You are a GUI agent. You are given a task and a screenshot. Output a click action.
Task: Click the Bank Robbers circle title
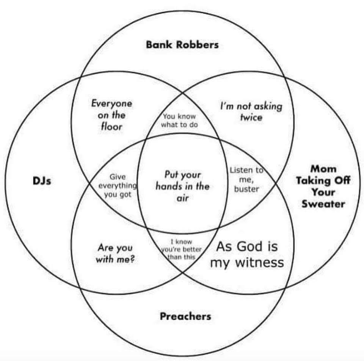[182, 45]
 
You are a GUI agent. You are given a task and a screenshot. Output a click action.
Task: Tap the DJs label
[41, 181]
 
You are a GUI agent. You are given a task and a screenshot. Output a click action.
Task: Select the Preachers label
[185, 316]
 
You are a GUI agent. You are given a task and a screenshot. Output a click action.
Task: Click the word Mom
[323, 169]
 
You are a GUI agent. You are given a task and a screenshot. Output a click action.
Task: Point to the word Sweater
[323, 204]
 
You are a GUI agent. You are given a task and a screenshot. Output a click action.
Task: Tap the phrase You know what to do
[179, 121]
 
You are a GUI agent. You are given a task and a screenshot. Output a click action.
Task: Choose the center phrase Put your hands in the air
[182, 186]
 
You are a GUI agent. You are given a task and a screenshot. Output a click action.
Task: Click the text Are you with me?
[115, 254]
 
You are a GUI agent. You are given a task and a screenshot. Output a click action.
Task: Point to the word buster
[246, 189]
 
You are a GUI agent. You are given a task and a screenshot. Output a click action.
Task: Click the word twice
[251, 117]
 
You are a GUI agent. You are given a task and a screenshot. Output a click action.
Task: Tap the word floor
[111, 127]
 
